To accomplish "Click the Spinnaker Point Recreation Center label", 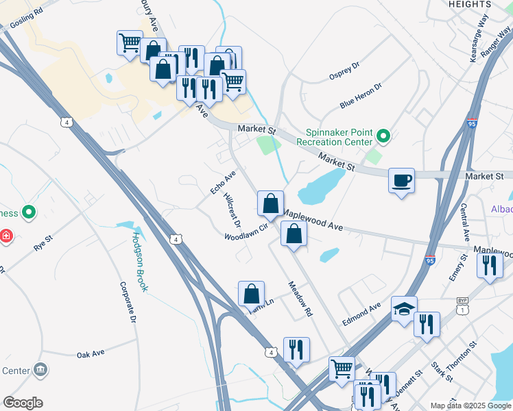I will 334,137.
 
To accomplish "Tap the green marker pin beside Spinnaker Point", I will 383,137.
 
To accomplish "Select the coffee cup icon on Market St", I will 401,181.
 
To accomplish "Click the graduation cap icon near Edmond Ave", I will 404,309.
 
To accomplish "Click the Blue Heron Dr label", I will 360,95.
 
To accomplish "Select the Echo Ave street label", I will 222,182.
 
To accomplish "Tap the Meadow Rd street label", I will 300,299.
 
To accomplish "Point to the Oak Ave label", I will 91,353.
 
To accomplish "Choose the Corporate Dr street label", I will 128,302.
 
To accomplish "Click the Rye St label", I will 44,242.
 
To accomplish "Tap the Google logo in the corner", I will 23,403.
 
